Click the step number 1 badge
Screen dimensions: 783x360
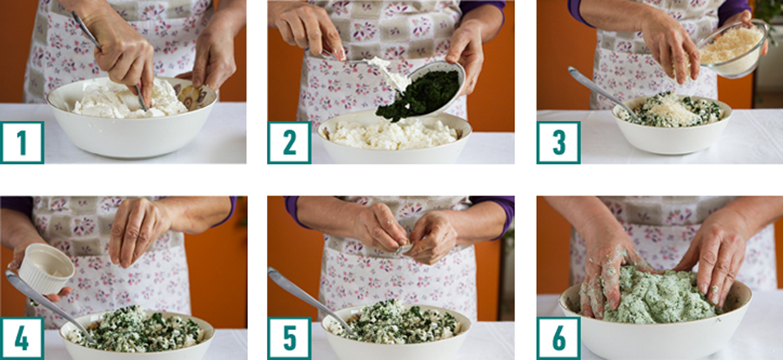[22, 143]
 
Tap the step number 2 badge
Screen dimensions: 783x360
[289, 143]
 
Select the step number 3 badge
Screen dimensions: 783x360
[559, 143]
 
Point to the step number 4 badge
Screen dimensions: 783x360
[22, 338]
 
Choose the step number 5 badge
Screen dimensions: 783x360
[289, 338]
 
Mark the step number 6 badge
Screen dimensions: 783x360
[559, 338]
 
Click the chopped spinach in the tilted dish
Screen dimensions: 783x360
[418, 95]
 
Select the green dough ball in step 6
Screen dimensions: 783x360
[659, 295]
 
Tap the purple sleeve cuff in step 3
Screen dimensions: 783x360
[577, 12]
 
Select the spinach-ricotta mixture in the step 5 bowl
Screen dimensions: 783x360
[394, 322]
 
